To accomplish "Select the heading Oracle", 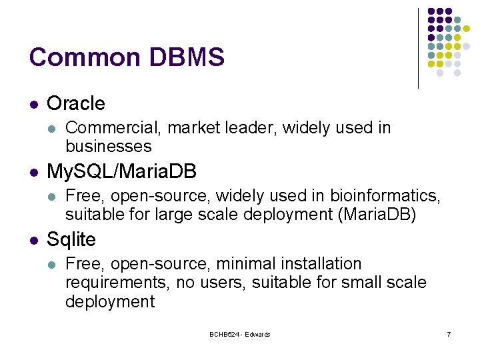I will point(76,103).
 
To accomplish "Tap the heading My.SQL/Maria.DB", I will point(121,172).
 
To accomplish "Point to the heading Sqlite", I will point(71,239).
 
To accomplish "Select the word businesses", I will point(108,146).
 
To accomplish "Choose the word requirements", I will point(118,283).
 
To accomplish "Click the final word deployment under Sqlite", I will point(109,301).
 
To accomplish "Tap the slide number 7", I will point(449,334).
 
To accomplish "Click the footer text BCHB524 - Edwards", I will point(239,334).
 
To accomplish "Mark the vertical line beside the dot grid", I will point(418,48).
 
